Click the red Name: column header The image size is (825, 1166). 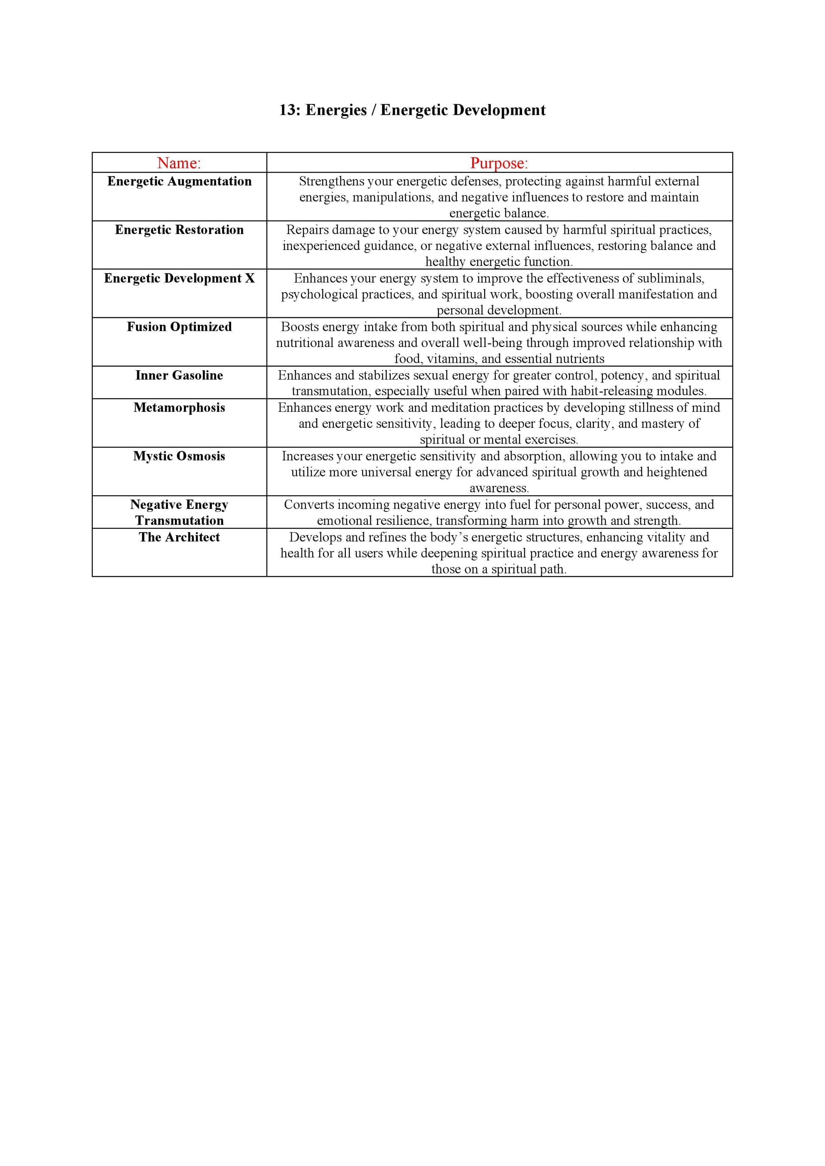point(179,163)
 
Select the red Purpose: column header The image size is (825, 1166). point(499,163)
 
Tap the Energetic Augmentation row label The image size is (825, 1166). point(179,181)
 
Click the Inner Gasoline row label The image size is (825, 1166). point(179,375)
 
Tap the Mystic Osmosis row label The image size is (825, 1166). point(179,456)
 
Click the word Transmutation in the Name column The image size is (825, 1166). point(179,521)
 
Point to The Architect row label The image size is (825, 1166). point(179,537)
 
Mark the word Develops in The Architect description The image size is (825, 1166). point(315,537)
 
